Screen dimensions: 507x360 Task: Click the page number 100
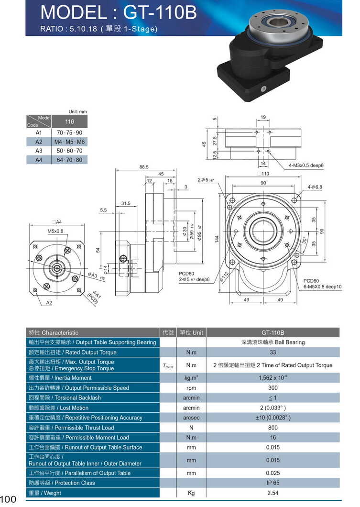pyautogui.click(x=9, y=499)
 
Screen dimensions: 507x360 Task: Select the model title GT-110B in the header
pyautogui.click(x=119, y=13)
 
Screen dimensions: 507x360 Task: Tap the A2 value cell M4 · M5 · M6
pyautogui.click(x=69, y=142)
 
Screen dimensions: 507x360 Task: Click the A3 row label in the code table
pyautogui.click(x=39, y=151)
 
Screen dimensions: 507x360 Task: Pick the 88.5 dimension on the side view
pyautogui.click(x=143, y=167)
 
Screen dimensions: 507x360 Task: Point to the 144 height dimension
pyautogui.click(x=217, y=239)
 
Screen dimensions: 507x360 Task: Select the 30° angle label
pyautogui.click(x=303, y=240)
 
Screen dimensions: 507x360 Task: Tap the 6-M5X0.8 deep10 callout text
pyautogui.click(x=322, y=287)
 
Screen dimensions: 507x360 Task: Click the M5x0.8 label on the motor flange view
pyautogui.click(x=55, y=231)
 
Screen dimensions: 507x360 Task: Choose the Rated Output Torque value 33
pyautogui.click(x=273, y=353)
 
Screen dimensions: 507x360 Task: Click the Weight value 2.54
pyautogui.click(x=273, y=493)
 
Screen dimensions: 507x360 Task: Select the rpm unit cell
pyautogui.click(x=191, y=388)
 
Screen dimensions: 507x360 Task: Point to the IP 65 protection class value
pyautogui.click(x=273, y=483)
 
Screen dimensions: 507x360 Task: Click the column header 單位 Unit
pyautogui.click(x=191, y=332)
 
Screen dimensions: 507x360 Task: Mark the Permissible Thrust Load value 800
pyautogui.click(x=273, y=428)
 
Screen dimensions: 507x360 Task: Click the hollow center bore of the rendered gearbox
pyautogui.click(x=276, y=22)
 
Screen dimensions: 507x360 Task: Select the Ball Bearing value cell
pyautogui.click(x=273, y=342)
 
